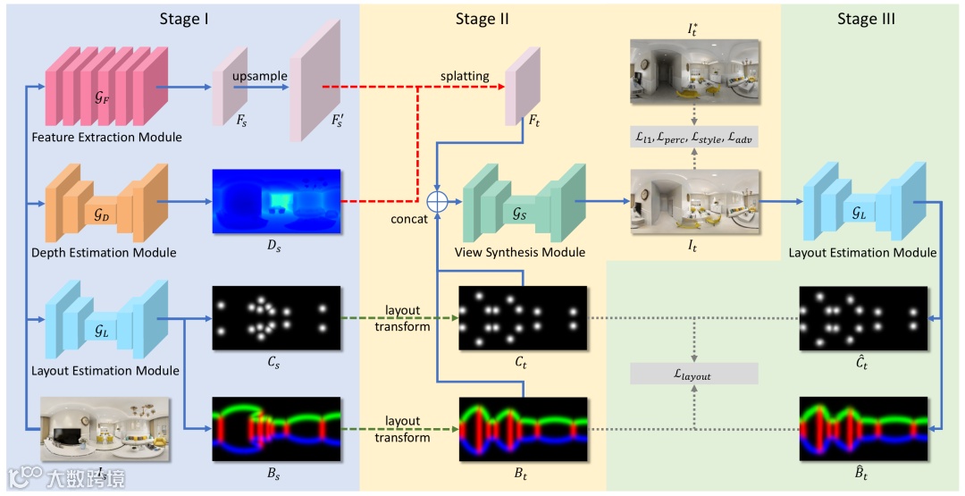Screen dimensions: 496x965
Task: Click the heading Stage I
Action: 184,19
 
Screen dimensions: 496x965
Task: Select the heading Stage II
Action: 482,19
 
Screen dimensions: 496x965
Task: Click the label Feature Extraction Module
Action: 106,138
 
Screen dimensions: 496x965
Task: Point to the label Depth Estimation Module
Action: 104,253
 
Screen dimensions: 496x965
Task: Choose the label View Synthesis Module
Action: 520,253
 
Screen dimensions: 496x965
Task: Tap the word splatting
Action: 464,76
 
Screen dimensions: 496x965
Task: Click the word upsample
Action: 260,76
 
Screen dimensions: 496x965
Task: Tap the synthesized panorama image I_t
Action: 694,203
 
